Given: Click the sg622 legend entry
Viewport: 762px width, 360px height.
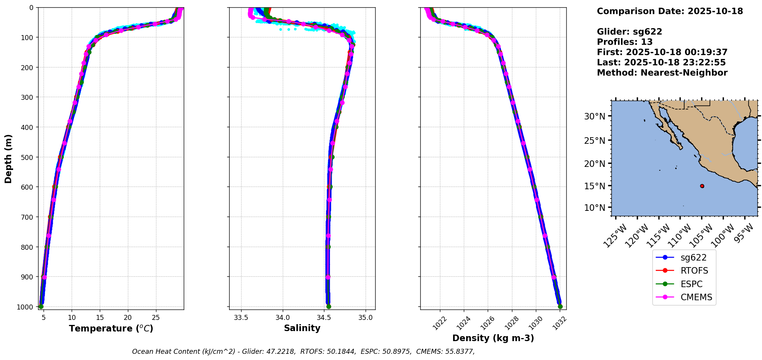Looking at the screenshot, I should pos(693,257).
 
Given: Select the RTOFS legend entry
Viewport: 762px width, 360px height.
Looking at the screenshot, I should pos(694,271).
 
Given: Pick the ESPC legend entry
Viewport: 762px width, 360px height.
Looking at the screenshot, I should pos(691,284).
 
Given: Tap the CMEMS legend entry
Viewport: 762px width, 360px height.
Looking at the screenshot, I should pos(696,297).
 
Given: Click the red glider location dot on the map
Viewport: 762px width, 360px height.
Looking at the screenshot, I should pos(702,186).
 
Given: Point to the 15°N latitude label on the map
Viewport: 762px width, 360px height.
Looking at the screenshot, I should pos(595,186).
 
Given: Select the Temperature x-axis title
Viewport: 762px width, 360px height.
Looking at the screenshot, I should pos(111,328).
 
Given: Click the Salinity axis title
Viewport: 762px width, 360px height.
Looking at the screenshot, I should pos(302,328).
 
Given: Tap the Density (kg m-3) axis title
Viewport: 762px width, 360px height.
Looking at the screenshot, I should pos(493,338).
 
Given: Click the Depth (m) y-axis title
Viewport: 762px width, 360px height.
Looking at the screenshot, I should pos(8,158).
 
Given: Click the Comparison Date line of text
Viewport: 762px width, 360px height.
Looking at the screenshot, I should pos(670,11).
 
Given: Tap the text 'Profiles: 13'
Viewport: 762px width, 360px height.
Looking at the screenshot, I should pos(624,42).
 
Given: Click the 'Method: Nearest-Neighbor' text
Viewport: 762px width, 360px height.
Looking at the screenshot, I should pos(662,73).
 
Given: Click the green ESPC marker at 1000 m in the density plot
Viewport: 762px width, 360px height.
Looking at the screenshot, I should pos(560,307).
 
